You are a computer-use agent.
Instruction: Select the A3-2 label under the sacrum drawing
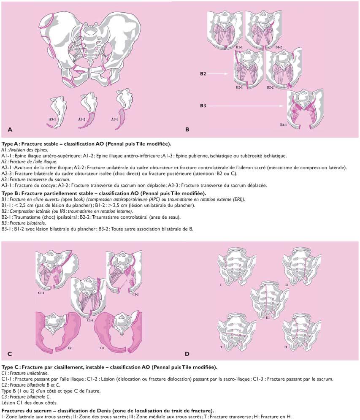coord(82,119)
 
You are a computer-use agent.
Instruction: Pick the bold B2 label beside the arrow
coord(203,73)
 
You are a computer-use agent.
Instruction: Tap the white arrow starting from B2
coord(219,73)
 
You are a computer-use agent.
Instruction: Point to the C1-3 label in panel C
coord(89,320)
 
